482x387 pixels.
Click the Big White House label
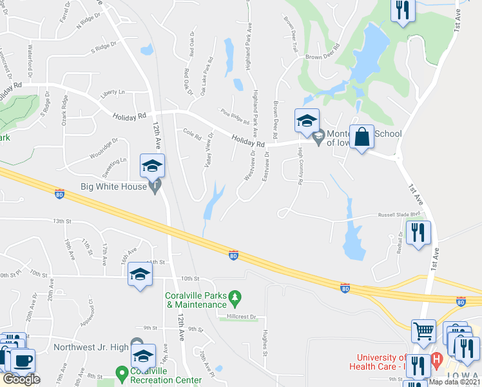(113, 187)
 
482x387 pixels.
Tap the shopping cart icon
(423, 332)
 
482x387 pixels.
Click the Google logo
(21, 379)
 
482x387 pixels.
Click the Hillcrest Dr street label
(242, 317)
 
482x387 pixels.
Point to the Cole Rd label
(192, 137)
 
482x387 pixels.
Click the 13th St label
(62, 221)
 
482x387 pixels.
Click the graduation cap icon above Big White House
(152, 166)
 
